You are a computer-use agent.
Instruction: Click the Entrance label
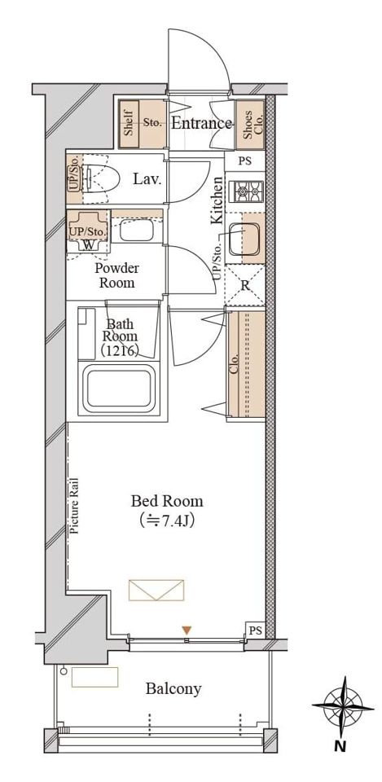coord(201,123)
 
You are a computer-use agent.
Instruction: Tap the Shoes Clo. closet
coord(250,125)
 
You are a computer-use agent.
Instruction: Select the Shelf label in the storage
coord(128,124)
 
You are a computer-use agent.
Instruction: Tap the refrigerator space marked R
coord(245,285)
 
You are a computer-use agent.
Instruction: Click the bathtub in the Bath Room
coord(119,389)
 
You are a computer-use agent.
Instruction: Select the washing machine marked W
coord(88,244)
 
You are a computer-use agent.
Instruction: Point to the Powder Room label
coord(117,275)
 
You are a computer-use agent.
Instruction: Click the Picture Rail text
coord(74,506)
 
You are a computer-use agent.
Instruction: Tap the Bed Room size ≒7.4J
coord(166,521)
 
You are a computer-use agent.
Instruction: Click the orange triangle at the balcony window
coord(186,630)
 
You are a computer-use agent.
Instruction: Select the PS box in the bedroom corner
coord(255,630)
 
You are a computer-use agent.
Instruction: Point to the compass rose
coord(343,707)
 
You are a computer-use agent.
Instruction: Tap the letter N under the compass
coord(340,747)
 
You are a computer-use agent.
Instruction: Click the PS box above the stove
coord(244,161)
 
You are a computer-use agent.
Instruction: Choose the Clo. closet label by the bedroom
coord(235,364)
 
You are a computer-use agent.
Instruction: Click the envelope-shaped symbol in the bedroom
coord(156,590)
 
